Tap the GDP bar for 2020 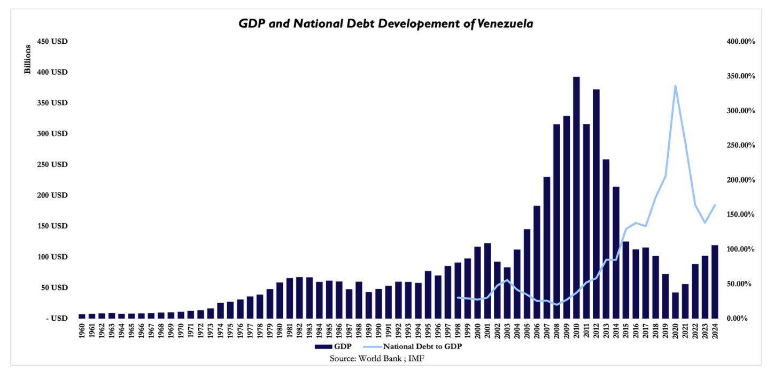[x=675, y=305]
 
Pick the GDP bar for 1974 [x=220, y=311]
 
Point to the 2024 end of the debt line [x=715, y=205]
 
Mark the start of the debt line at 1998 [x=458, y=297]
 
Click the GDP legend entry [x=334, y=346]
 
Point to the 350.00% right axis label [x=739, y=76]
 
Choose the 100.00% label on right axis [x=739, y=249]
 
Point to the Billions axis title [x=28, y=60]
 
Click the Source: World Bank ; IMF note [x=373, y=358]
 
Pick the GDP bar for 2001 [x=487, y=281]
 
